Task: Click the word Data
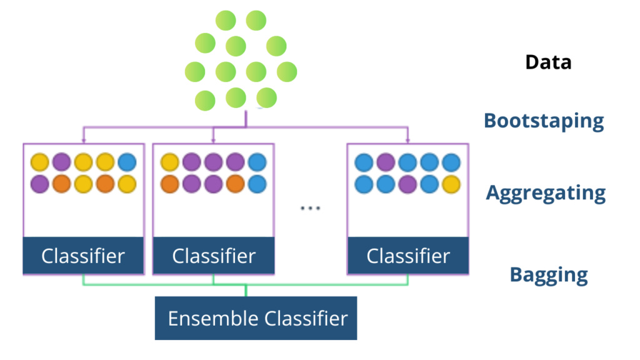click(547, 62)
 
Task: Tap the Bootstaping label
click(544, 121)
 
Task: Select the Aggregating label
click(546, 193)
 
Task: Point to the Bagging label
click(549, 275)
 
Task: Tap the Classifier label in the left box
click(83, 256)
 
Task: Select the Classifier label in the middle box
click(214, 256)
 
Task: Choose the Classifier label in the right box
click(408, 256)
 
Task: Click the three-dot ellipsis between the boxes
click(310, 208)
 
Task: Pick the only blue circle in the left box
click(127, 162)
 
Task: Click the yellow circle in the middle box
click(170, 162)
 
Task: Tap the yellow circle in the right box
click(451, 184)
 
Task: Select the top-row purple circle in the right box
click(386, 162)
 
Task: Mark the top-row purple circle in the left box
click(62, 162)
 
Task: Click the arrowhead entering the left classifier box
click(84, 141)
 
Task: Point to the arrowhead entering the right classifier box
click(407, 141)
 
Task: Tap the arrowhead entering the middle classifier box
click(213, 141)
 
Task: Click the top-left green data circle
click(226, 21)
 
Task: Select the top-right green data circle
click(256, 21)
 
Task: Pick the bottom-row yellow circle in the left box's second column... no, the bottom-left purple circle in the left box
click(40, 184)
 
